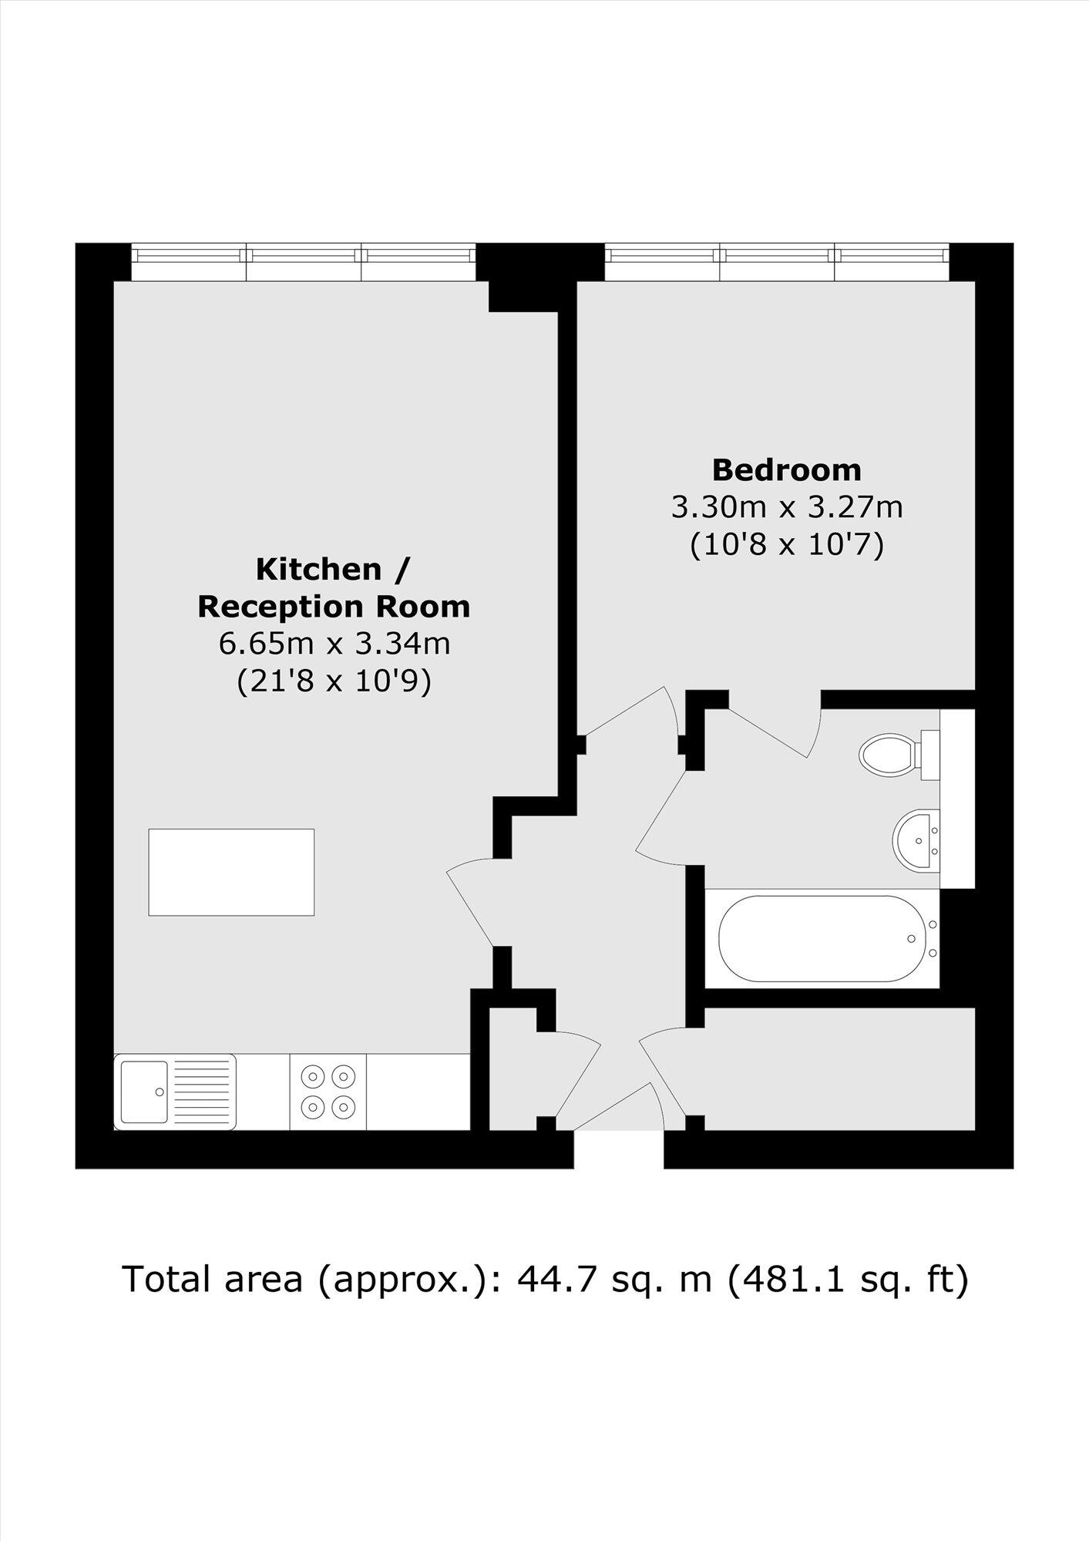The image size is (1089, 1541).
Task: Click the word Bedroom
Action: (x=786, y=469)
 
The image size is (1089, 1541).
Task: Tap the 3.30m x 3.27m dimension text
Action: (x=786, y=507)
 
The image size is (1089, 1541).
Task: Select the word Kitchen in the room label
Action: (x=319, y=569)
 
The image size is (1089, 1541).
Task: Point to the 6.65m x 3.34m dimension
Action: (x=334, y=643)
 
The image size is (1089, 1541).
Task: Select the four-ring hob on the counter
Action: (x=328, y=1092)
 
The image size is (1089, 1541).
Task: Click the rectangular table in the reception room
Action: (x=231, y=872)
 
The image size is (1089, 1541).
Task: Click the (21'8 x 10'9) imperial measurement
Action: (x=334, y=681)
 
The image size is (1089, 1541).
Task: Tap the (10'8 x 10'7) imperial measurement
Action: (x=786, y=545)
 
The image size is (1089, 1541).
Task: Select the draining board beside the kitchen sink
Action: (x=202, y=1092)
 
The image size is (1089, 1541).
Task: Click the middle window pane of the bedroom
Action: (x=777, y=262)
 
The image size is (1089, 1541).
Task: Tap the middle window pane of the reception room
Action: (x=304, y=262)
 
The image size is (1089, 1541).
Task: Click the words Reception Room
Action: (x=334, y=607)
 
